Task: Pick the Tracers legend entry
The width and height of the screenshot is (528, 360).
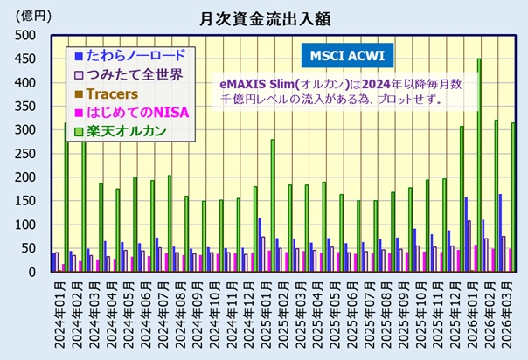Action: pyautogui.click(x=114, y=93)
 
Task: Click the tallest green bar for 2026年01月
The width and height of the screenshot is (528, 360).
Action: pyautogui.click(x=479, y=165)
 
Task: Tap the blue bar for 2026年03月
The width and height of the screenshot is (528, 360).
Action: pyautogui.click(x=500, y=232)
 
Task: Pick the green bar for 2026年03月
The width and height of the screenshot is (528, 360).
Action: pyautogui.click(x=513, y=197)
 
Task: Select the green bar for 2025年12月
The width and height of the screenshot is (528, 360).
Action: pyautogui.click(x=462, y=199)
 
